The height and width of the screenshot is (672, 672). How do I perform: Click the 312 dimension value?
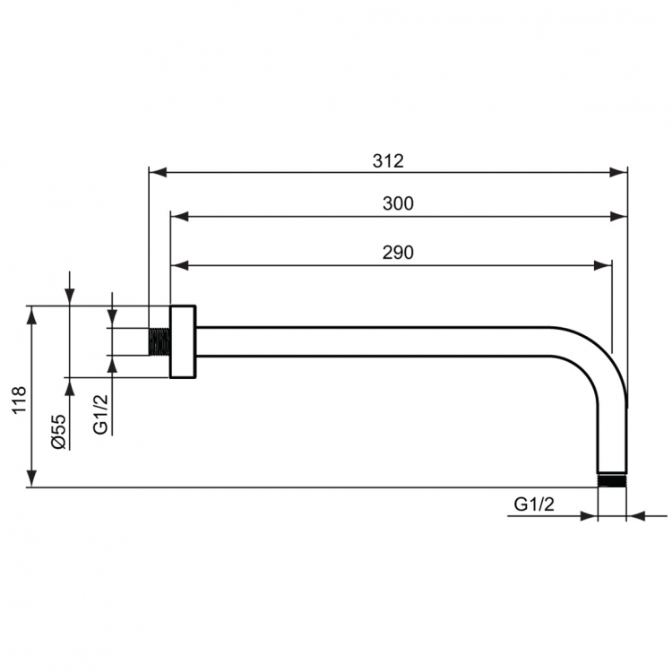coord(388,161)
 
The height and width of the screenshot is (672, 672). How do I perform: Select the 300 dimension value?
coord(398,204)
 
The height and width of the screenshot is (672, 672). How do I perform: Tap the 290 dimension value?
coord(398,253)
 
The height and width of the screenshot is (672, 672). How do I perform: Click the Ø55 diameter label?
coord(56,431)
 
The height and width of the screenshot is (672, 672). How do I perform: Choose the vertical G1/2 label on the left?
coord(101,415)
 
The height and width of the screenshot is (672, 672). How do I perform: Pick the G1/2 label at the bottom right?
coord(535,505)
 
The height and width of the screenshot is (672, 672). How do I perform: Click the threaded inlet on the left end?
coord(159,341)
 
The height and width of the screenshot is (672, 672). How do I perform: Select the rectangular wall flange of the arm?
coord(183,341)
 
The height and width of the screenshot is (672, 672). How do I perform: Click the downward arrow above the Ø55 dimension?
coord(69,297)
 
